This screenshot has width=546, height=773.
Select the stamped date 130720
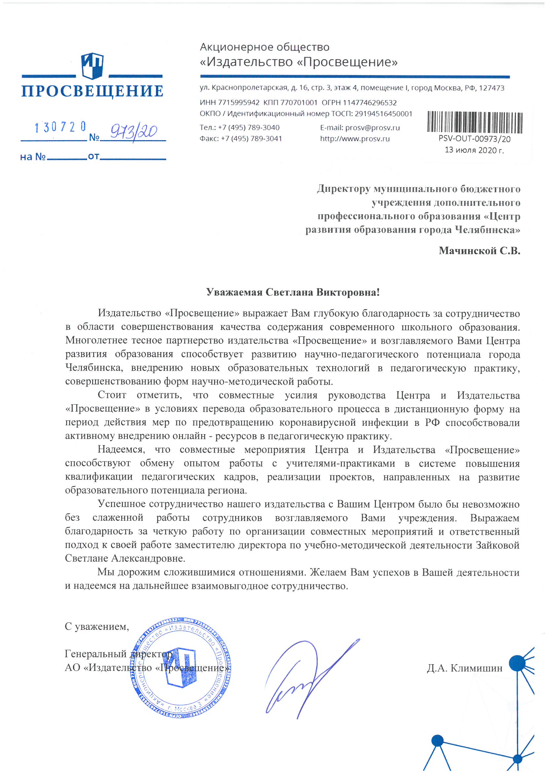pos(60,127)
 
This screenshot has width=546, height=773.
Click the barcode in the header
pos(475,122)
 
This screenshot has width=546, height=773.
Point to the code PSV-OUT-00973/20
pos(474,139)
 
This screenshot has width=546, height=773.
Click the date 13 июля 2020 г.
pos(474,150)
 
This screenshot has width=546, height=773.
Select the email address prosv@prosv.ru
pos(372,128)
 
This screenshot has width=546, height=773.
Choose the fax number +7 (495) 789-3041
pos(251,139)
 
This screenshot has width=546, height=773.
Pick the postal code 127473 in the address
pos(491,88)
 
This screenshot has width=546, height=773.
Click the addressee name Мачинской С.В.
pos(479,251)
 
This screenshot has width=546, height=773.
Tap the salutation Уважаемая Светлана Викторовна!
pos(293,292)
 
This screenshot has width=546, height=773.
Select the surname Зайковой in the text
pos(497,545)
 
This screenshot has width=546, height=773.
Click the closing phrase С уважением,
pos(97,627)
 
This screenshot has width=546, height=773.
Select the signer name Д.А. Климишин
pos(464,668)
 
